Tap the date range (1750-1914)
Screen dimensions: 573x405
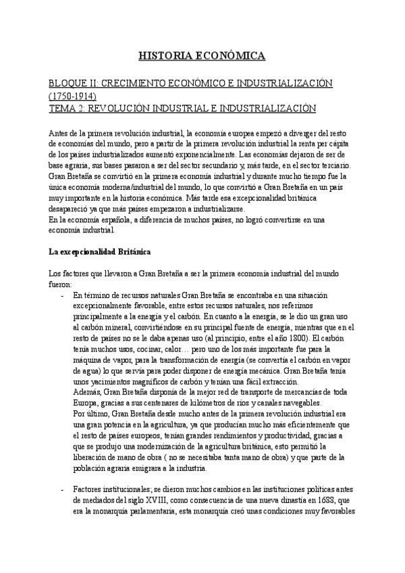coord(74,95)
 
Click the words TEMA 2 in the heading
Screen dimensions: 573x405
coord(67,108)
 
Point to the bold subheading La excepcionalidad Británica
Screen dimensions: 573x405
coord(100,252)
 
